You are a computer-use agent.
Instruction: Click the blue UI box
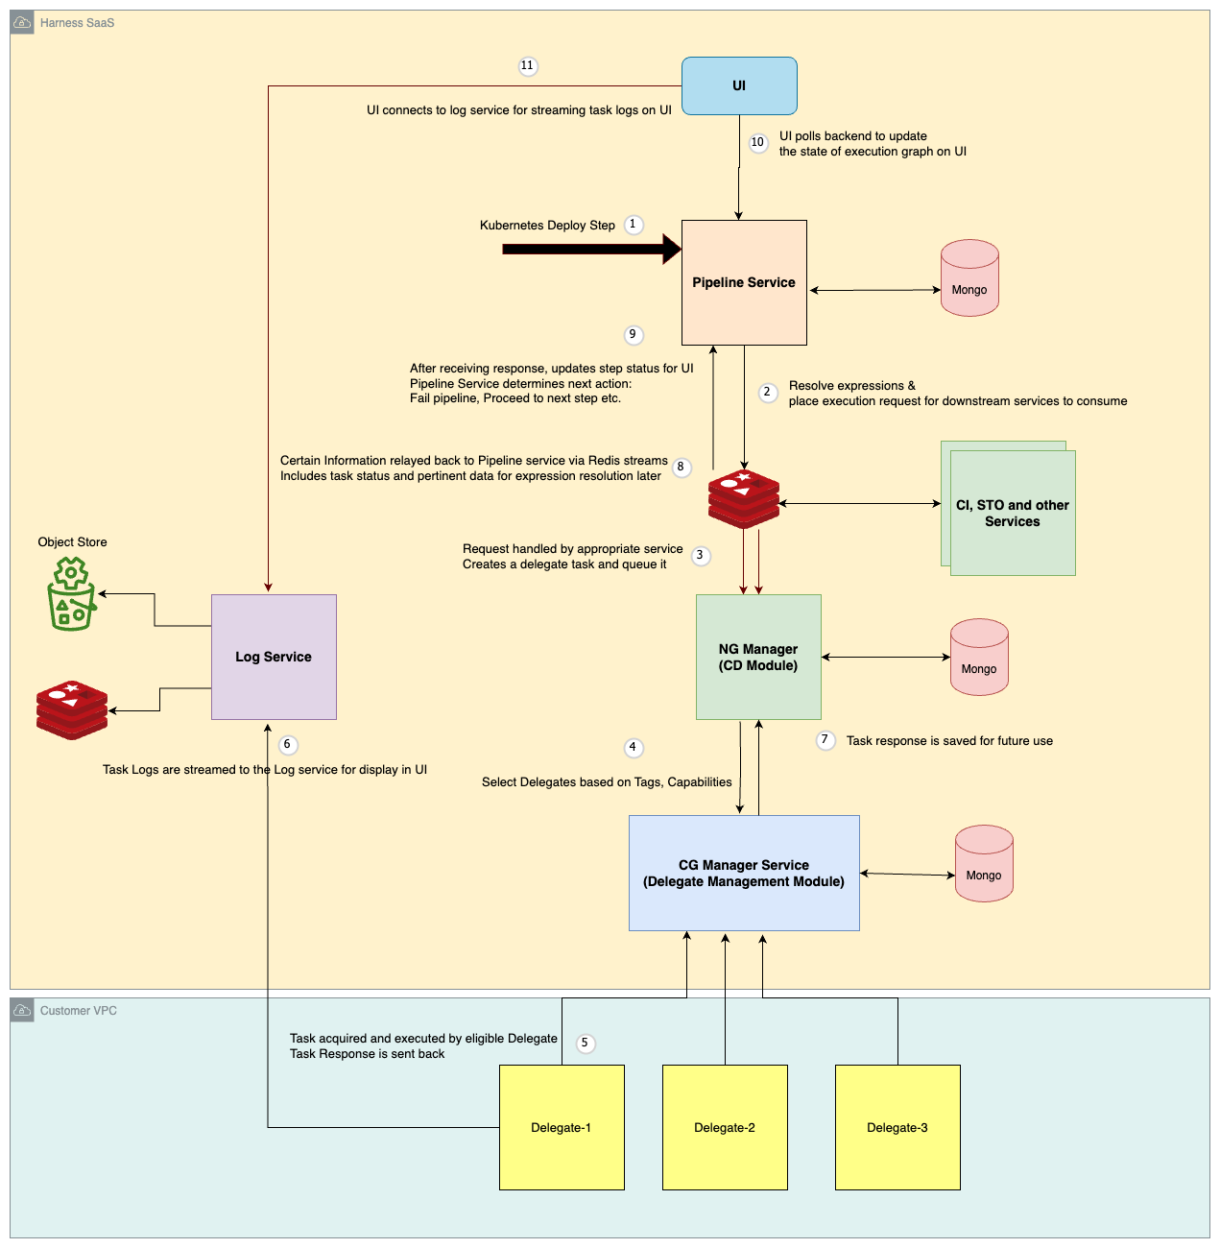click(739, 85)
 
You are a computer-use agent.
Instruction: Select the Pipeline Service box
click(744, 282)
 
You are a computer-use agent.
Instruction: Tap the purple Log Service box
click(274, 657)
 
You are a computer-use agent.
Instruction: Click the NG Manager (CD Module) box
click(758, 657)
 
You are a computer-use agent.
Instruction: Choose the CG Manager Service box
click(744, 873)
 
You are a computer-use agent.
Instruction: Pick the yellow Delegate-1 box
click(562, 1127)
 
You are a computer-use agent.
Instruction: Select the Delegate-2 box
click(725, 1127)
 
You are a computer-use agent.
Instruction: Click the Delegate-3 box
click(897, 1127)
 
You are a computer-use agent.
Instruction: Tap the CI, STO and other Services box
click(1013, 513)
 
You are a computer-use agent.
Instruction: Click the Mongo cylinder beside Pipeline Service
click(969, 278)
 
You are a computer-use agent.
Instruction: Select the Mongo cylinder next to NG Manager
click(979, 658)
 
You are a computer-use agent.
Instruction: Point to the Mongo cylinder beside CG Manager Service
click(984, 864)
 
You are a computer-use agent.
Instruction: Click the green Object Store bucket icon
click(71, 595)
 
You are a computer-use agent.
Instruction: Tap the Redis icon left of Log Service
click(72, 710)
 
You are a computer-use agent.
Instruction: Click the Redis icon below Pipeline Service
click(744, 499)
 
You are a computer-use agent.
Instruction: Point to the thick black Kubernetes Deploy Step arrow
click(590, 250)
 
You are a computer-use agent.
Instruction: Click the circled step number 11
click(527, 66)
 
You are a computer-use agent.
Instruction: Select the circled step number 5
click(585, 1044)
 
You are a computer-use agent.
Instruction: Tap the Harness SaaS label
click(77, 23)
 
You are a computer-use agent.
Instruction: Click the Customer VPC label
click(79, 1011)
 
